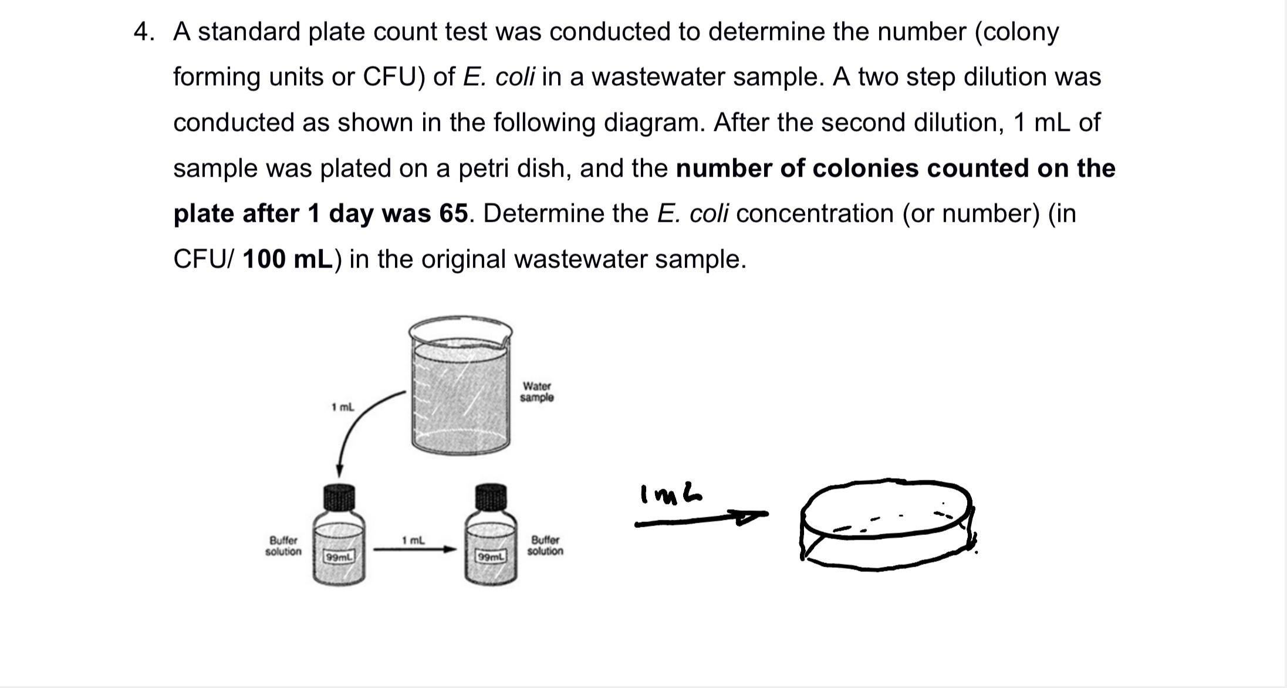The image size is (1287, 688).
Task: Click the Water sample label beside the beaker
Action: (536, 392)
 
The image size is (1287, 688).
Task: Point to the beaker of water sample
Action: (460, 387)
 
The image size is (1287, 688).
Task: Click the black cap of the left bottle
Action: (339, 497)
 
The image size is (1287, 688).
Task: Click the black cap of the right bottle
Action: (491, 497)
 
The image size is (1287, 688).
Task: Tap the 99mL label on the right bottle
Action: (491, 556)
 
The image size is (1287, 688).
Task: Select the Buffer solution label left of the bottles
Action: (283, 545)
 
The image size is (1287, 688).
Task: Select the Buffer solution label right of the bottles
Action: (545, 545)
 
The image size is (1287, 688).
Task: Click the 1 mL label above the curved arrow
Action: (342, 407)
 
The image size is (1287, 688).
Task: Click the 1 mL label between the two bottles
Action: (413, 540)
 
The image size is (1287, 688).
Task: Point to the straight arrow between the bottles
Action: (414, 550)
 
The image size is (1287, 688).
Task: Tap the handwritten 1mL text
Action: (671, 494)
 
